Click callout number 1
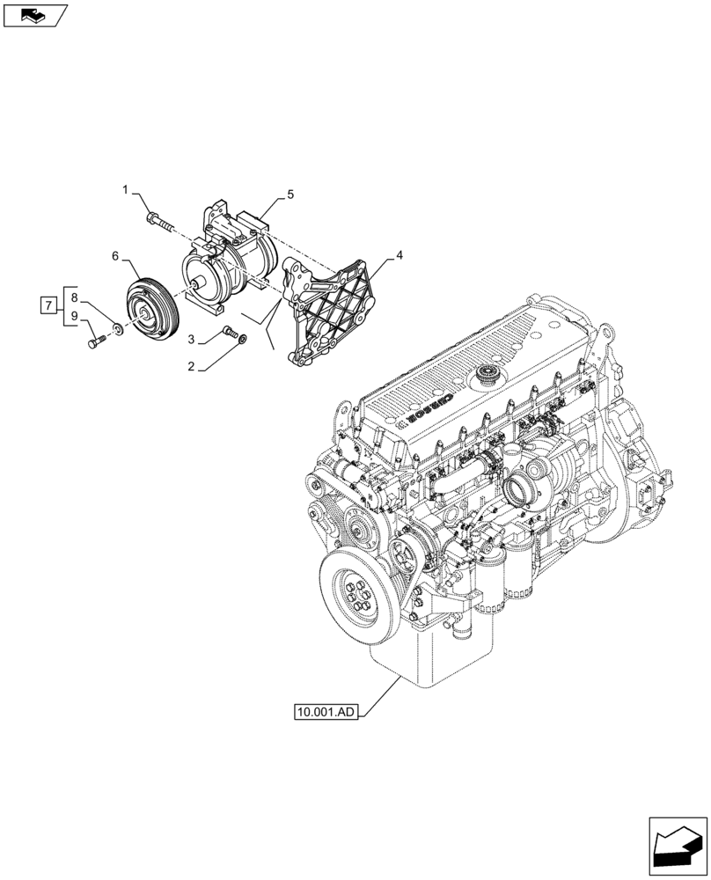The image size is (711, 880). pyautogui.click(x=125, y=189)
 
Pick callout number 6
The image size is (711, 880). pyautogui.click(x=114, y=255)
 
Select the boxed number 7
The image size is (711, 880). pyautogui.click(x=49, y=305)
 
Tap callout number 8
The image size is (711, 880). pyautogui.click(x=75, y=297)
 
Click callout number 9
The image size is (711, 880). pyautogui.click(x=75, y=315)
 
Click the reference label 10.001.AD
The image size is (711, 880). pyautogui.click(x=327, y=711)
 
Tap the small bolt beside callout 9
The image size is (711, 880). pyautogui.click(x=95, y=340)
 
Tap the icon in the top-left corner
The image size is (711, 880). pyautogui.click(x=34, y=15)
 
